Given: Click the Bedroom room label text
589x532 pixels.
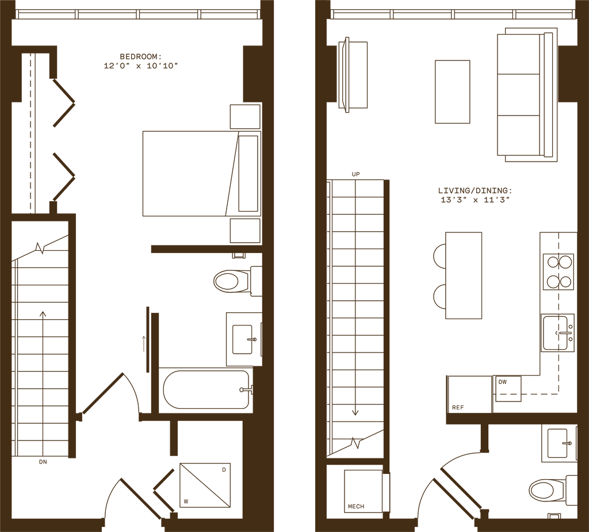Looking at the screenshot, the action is coord(140,56).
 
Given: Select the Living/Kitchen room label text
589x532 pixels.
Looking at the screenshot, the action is coord(475,190).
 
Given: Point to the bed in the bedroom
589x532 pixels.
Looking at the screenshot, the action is coord(190,173).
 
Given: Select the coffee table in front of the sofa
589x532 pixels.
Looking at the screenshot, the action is coord(452,92).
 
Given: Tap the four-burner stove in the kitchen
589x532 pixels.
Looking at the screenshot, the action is coord(559,270).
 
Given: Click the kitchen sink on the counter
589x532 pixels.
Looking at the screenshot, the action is coord(559,332).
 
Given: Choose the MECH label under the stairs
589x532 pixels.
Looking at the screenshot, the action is coord(356,507).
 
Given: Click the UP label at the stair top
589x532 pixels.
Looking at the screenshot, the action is coord(356,173).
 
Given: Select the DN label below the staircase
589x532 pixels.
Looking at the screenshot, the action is coord(43,461).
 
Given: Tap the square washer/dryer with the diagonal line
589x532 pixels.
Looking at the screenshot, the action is coord(204,485).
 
